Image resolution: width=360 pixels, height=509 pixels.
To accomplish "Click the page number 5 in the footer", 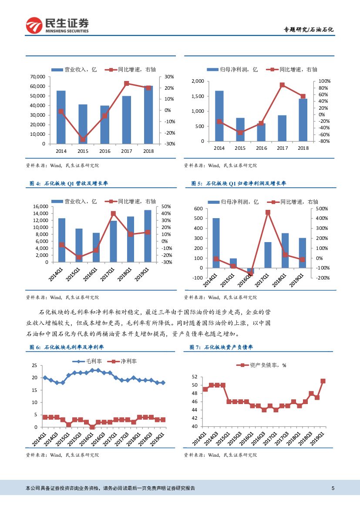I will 333,488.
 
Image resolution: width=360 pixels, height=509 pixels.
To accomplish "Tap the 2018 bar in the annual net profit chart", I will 303,120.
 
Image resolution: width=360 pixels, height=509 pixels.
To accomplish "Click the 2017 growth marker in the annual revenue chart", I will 126,83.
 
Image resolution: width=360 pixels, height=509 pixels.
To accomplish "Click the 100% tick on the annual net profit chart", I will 325,81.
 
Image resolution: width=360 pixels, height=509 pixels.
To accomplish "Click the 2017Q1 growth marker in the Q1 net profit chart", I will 268,212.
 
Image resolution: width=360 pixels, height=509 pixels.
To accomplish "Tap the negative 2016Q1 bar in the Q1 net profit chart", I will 250,271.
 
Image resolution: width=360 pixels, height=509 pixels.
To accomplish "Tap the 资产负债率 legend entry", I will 261,365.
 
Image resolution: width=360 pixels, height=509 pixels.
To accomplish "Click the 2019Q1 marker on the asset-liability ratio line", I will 323,381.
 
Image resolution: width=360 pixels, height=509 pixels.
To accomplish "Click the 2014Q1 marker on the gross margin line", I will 45,378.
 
